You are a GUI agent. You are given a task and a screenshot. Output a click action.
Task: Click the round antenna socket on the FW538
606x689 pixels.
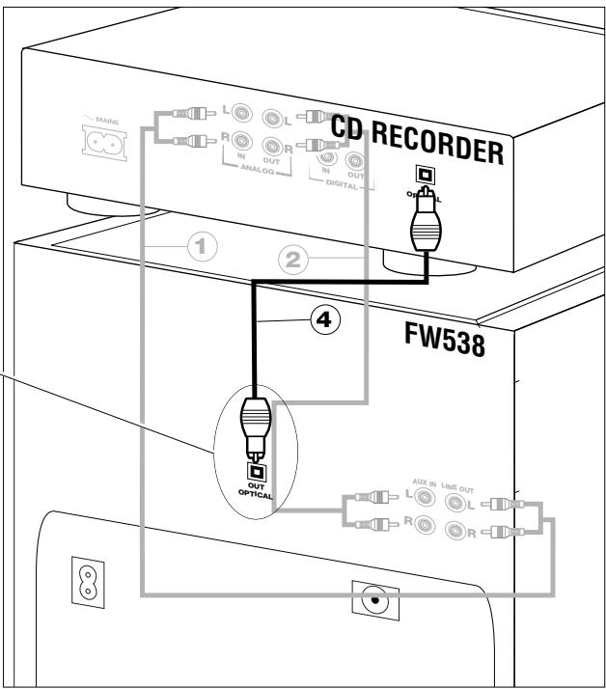point(370,598)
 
